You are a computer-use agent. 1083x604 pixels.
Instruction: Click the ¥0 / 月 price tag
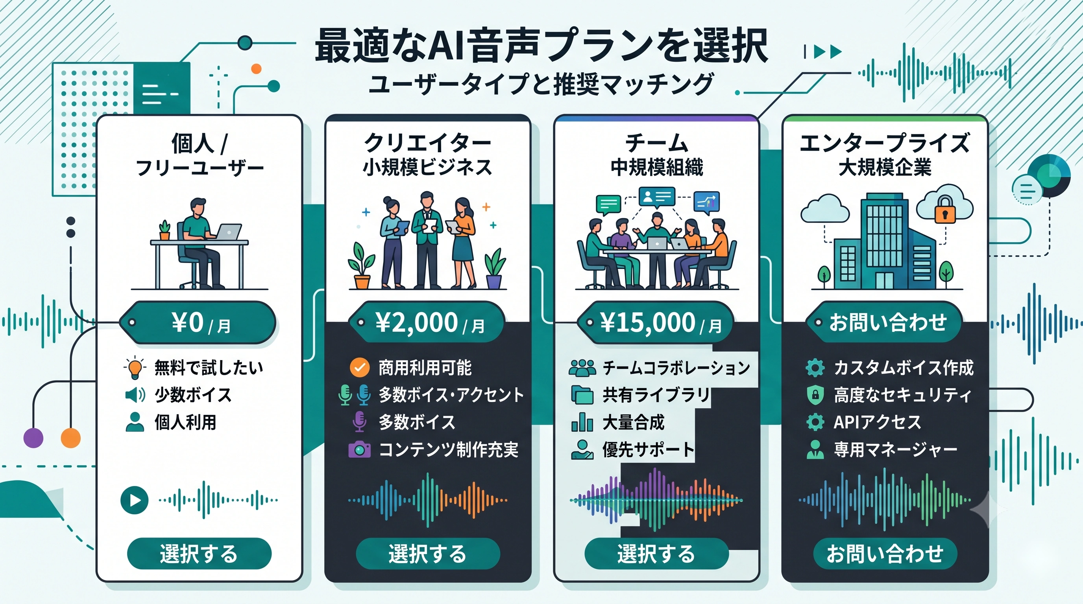click(198, 322)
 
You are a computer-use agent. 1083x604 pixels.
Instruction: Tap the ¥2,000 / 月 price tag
click(427, 322)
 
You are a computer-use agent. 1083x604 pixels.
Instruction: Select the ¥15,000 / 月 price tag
click(656, 322)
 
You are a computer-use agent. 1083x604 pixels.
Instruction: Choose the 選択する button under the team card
click(656, 554)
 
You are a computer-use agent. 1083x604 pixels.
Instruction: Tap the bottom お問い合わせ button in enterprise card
click(885, 554)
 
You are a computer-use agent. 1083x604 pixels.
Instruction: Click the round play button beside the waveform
click(135, 500)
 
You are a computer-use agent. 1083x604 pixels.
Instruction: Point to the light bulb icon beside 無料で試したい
click(135, 368)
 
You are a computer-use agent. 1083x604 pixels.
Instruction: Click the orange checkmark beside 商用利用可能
click(360, 368)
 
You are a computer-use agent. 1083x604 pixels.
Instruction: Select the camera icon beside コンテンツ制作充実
click(359, 449)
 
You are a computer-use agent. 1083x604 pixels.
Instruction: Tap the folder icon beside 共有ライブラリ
click(582, 395)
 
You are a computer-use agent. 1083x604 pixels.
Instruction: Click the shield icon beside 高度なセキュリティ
click(815, 395)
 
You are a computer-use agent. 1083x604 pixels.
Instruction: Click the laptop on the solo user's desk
click(227, 232)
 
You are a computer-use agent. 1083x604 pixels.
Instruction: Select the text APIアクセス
click(877, 422)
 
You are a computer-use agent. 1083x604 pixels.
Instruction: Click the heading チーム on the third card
click(657, 143)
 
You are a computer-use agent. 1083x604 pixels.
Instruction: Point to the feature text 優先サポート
click(648, 449)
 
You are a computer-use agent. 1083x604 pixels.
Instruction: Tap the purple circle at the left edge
click(33, 438)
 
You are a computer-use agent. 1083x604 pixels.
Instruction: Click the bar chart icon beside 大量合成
click(582, 422)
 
